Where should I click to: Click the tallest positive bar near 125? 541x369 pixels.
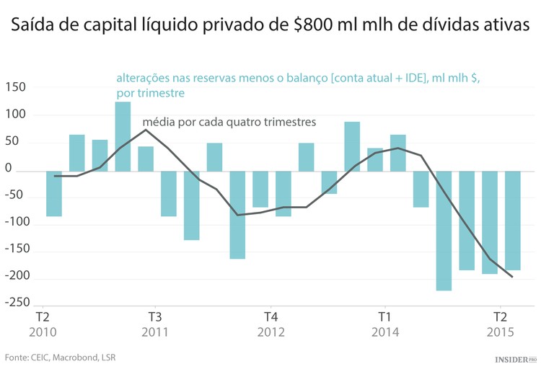pyautogui.click(x=123, y=136)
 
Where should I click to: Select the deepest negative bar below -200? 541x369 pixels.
pyautogui.click(x=444, y=231)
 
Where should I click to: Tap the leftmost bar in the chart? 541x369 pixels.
pyautogui.click(x=54, y=193)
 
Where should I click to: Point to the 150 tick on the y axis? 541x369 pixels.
pyautogui.click(x=15, y=87)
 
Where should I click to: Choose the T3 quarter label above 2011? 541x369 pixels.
pyautogui.click(x=155, y=317)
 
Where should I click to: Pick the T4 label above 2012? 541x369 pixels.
pyautogui.click(x=270, y=317)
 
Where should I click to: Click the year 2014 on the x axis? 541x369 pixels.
pyautogui.click(x=385, y=332)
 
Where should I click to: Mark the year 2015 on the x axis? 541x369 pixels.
pyautogui.click(x=499, y=332)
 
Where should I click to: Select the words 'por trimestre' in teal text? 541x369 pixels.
pyautogui.click(x=150, y=94)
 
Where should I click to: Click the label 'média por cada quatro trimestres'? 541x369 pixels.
pyautogui.click(x=229, y=122)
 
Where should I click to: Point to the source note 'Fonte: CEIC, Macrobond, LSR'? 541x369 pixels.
pyautogui.click(x=61, y=357)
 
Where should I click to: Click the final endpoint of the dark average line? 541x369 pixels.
pyautogui.click(x=512, y=277)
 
